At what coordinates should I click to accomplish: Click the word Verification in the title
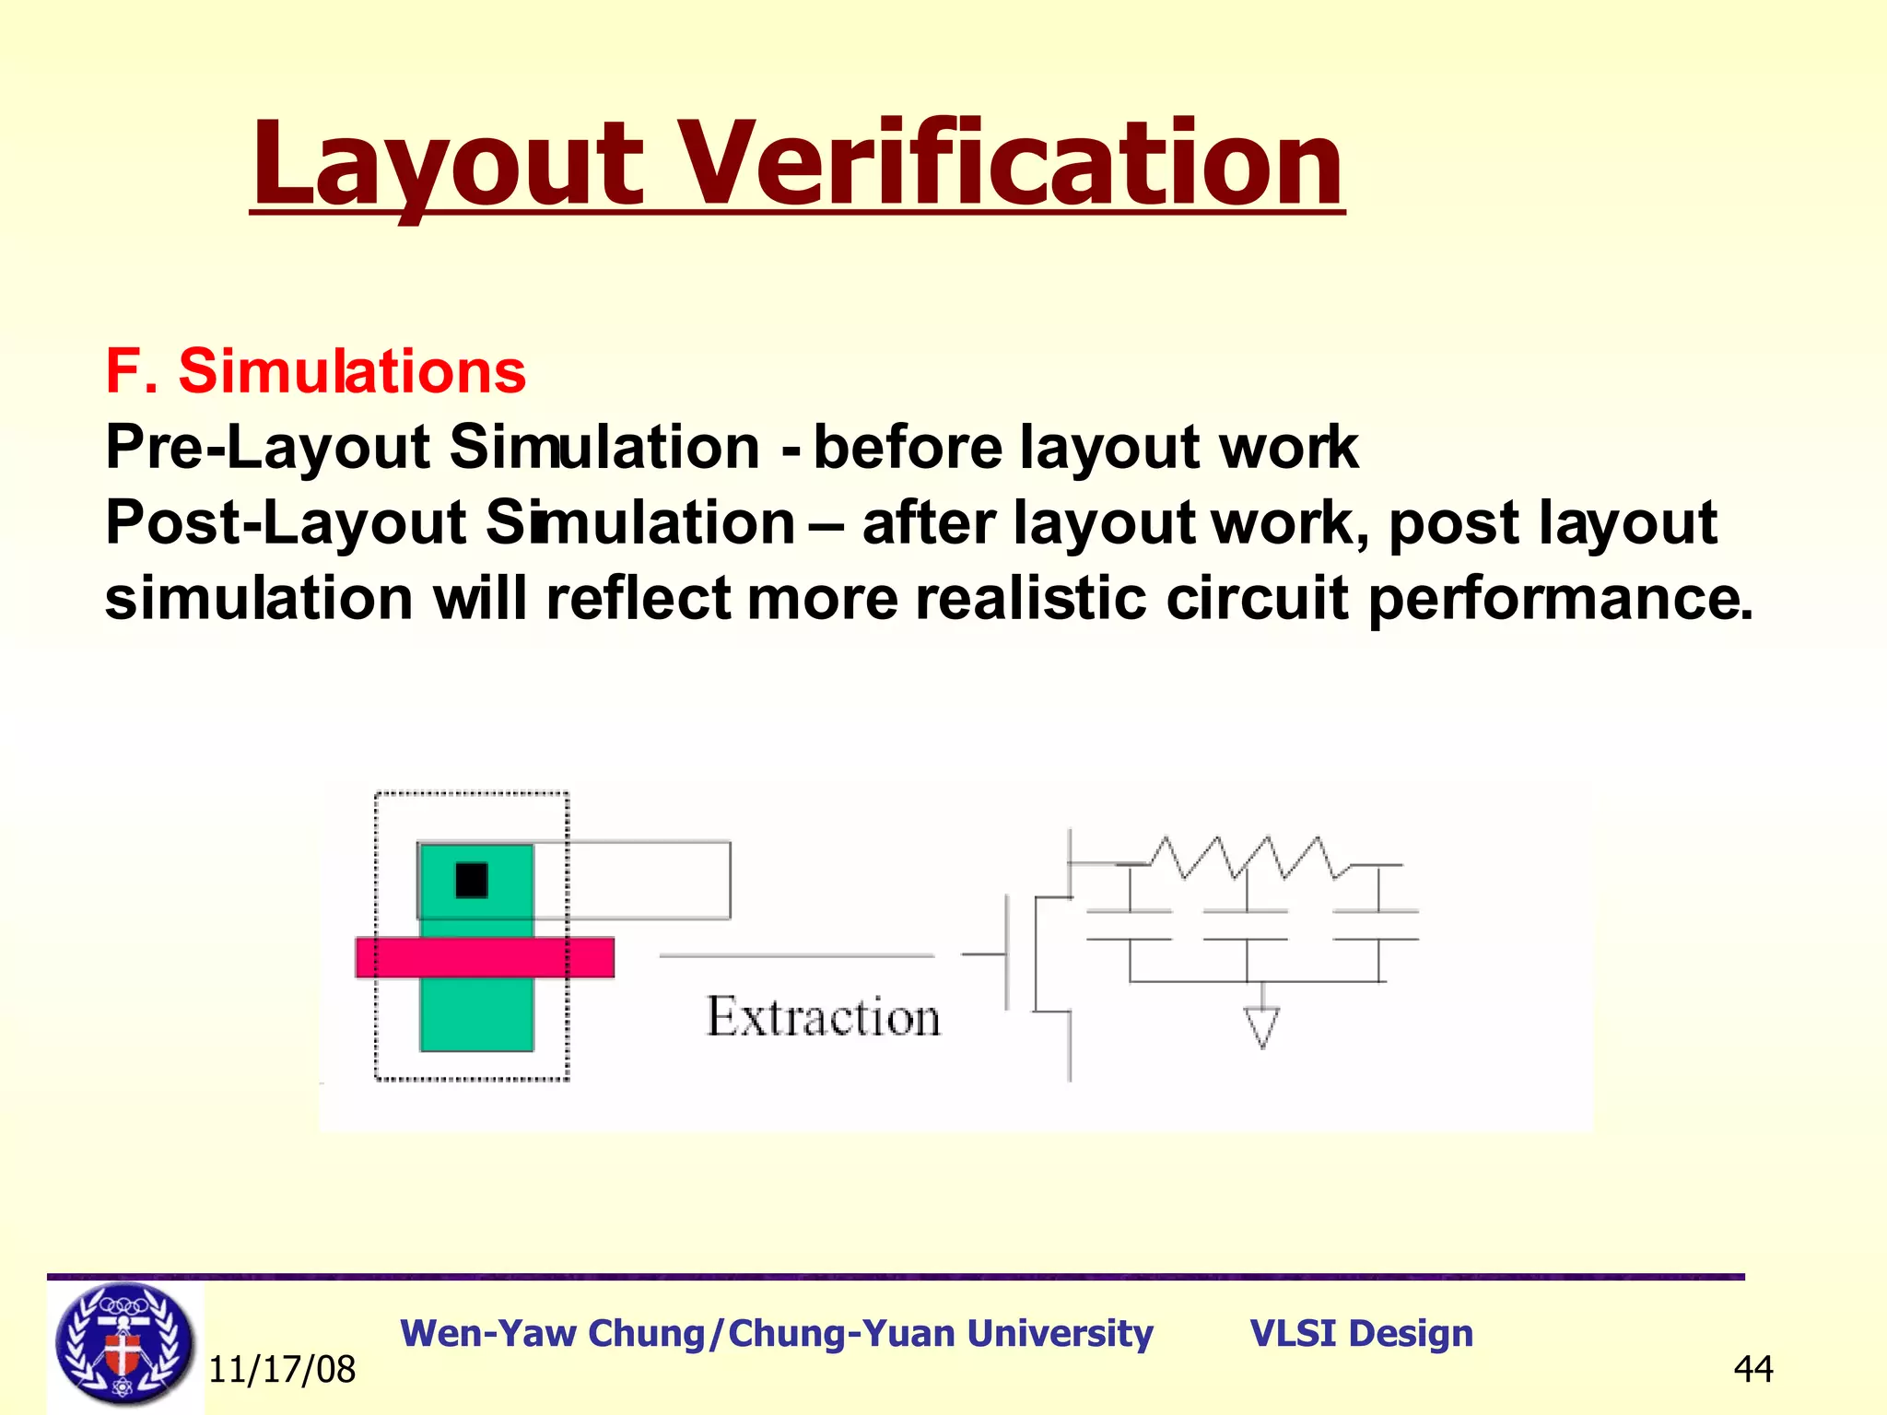click(1014, 166)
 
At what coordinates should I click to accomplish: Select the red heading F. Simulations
click(315, 371)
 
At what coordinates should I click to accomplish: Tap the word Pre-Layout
click(267, 448)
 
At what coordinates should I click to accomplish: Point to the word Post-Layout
click(286, 523)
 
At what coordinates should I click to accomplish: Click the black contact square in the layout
click(472, 880)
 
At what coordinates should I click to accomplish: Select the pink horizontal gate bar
click(485, 957)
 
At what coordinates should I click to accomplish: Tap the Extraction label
click(823, 1018)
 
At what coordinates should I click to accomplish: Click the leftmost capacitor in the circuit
click(1130, 925)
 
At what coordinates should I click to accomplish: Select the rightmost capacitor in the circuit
click(1377, 925)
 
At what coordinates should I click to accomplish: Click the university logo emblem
click(124, 1345)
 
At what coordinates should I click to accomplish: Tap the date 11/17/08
click(282, 1370)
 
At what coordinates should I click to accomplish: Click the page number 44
click(1752, 1369)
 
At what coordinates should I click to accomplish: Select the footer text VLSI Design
click(1361, 1334)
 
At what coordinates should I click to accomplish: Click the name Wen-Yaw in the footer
click(488, 1334)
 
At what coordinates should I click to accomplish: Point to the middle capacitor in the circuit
click(1246, 925)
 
